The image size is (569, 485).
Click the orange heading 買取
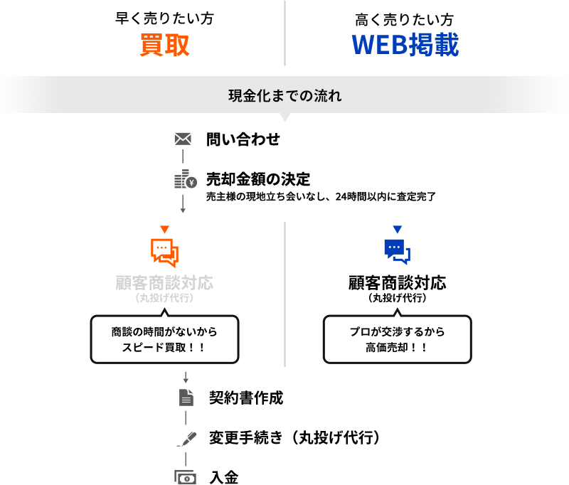pyautogui.click(x=164, y=45)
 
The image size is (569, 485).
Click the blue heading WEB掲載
pyautogui.click(x=405, y=45)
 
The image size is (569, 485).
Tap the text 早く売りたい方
pyautogui.click(x=164, y=18)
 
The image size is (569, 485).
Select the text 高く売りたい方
pyautogui.click(x=404, y=20)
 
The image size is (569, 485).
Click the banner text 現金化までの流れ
pyautogui.click(x=284, y=95)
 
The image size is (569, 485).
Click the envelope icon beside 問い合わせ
pyautogui.click(x=183, y=139)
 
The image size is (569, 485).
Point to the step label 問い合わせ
pyautogui.click(x=243, y=139)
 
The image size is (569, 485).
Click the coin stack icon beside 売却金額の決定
pyautogui.click(x=184, y=180)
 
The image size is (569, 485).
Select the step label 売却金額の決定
pyautogui.click(x=257, y=178)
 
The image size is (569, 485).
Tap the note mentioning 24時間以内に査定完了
pyautogui.click(x=320, y=196)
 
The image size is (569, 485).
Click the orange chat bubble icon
pyautogui.click(x=164, y=252)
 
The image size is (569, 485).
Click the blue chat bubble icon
pyautogui.click(x=397, y=252)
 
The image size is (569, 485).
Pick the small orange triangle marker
pyautogui.click(x=164, y=230)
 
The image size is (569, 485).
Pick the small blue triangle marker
pyautogui.click(x=397, y=230)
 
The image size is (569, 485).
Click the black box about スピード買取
pyautogui.click(x=164, y=336)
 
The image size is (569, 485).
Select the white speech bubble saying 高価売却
pyautogui.click(x=397, y=339)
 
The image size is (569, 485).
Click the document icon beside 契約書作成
pyautogui.click(x=186, y=398)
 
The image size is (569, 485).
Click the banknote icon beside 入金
pyautogui.click(x=185, y=477)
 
